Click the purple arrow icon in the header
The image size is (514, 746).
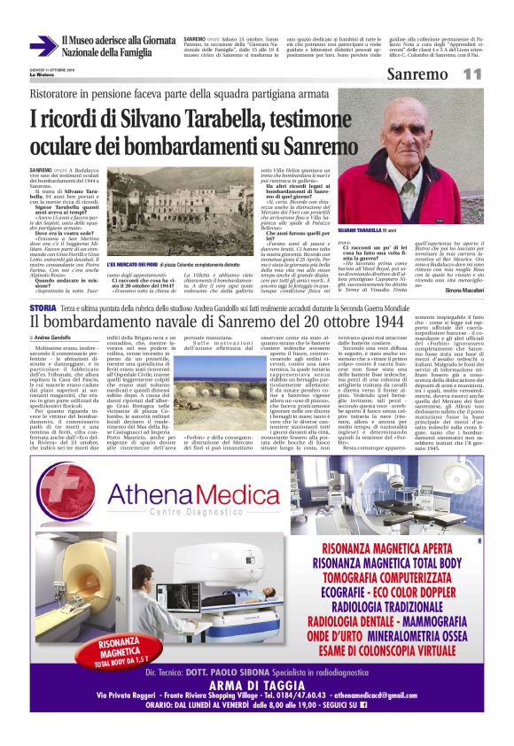click(x=42, y=47)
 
